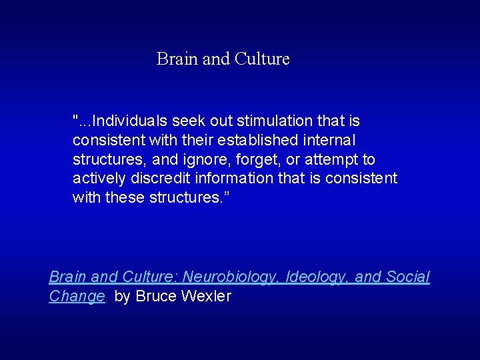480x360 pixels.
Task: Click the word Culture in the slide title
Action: [262, 59]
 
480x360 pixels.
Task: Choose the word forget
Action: [257, 160]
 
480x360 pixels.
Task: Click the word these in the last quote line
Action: [126, 198]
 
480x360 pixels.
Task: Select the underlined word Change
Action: [77, 296]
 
